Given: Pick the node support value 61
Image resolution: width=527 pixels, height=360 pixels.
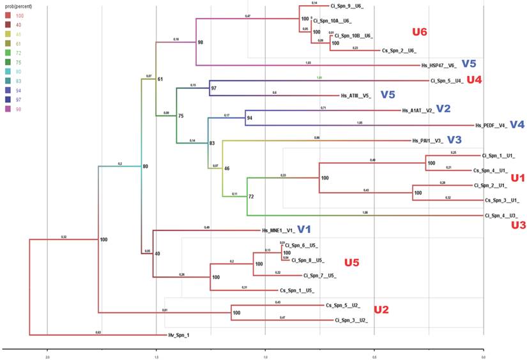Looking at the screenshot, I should [x=160, y=79].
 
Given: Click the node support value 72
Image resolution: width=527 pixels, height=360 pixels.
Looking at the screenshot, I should [x=251, y=197].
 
